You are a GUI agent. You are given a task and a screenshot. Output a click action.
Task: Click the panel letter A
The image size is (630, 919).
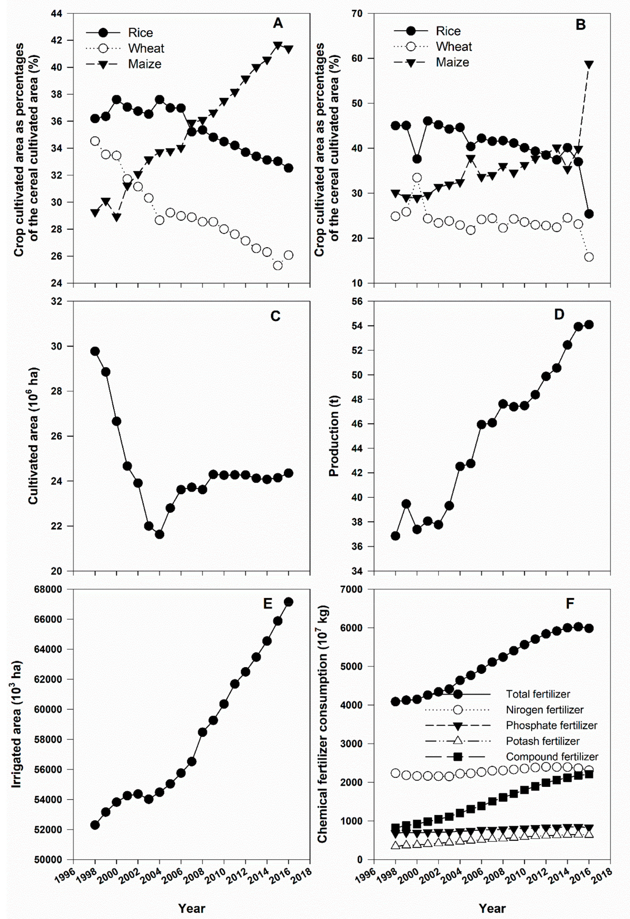pos(278,23)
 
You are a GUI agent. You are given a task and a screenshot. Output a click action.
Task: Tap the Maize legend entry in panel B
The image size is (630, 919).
pos(452,62)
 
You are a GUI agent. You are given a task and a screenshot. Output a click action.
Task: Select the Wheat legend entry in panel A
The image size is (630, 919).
pos(146,49)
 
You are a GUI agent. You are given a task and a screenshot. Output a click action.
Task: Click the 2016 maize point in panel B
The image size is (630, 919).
pos(589,64)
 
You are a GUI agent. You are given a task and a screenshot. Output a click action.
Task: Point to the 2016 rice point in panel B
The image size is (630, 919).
pos(589,214)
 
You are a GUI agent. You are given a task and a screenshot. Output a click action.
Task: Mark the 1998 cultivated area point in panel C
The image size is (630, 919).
pos(95,351)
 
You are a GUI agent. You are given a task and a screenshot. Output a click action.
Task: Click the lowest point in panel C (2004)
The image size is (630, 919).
pos(160,534)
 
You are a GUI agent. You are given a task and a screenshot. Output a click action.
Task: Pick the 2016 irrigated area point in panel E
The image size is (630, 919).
pos(289,602)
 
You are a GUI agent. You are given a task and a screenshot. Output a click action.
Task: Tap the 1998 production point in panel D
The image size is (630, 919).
pos(395,536)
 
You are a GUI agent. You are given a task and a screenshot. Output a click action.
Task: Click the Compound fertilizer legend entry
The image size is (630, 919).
pos(552,757)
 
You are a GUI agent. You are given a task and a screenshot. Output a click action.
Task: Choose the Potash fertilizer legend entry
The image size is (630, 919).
pos(542,741)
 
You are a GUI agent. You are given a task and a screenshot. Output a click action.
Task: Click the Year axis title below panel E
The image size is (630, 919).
pos(191,908)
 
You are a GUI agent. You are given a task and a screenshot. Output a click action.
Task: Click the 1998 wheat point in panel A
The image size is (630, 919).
pos(95,141)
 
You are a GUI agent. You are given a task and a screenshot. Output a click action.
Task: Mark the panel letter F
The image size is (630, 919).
pos(570,604)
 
